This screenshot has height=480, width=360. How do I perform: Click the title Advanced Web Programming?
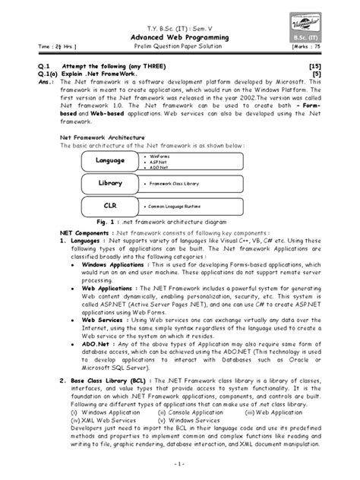[181, 36]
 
